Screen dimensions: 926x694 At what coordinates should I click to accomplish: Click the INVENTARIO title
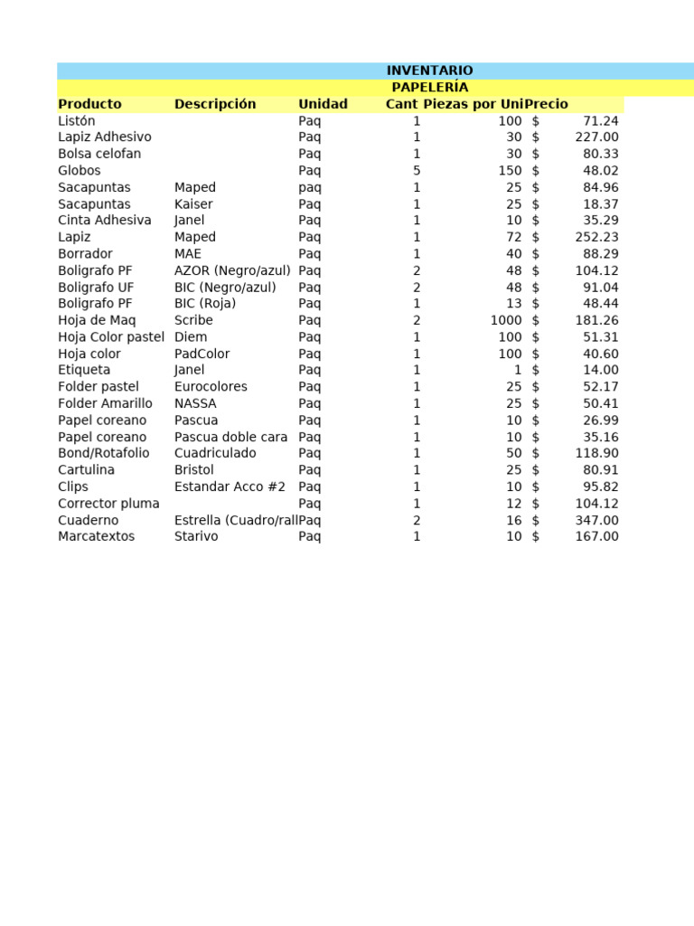tap(429, 71)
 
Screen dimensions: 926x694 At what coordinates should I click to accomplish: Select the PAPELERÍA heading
tap(429, 88)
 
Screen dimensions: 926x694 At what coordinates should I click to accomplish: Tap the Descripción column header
tap(215, 104)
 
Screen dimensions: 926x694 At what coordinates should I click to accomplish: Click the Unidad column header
tap(323, 104)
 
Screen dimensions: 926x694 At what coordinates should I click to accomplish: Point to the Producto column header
tap(89, 104)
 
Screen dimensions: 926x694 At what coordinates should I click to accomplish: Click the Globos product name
tap(80, 171)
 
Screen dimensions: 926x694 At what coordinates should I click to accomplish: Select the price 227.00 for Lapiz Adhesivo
tap(596, 137)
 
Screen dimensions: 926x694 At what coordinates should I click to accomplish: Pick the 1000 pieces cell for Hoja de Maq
tap(506, 320)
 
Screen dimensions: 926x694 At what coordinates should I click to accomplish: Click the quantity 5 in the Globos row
tap(417, 171)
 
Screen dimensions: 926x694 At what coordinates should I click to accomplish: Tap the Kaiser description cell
tap(193, 204)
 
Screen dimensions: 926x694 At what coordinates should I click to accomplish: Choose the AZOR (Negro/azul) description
tap(232, 270)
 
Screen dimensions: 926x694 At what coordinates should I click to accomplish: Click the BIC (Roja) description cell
tap(205, 304)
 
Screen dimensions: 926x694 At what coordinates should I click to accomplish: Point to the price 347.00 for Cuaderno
tap(596, 520)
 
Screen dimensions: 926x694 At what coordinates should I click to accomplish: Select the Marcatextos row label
tap(96, 536)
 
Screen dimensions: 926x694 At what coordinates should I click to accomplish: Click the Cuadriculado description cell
tap(215, 453)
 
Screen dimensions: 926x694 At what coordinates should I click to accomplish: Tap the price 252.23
tap(596, 237)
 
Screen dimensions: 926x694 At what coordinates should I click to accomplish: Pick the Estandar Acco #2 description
tap(230, 487)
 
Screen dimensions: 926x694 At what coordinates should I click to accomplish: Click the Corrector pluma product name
tap(108, 504)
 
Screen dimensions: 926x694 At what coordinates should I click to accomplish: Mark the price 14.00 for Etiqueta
tap(600, 370)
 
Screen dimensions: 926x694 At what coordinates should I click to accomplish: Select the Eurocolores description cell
tap(211, 387)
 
